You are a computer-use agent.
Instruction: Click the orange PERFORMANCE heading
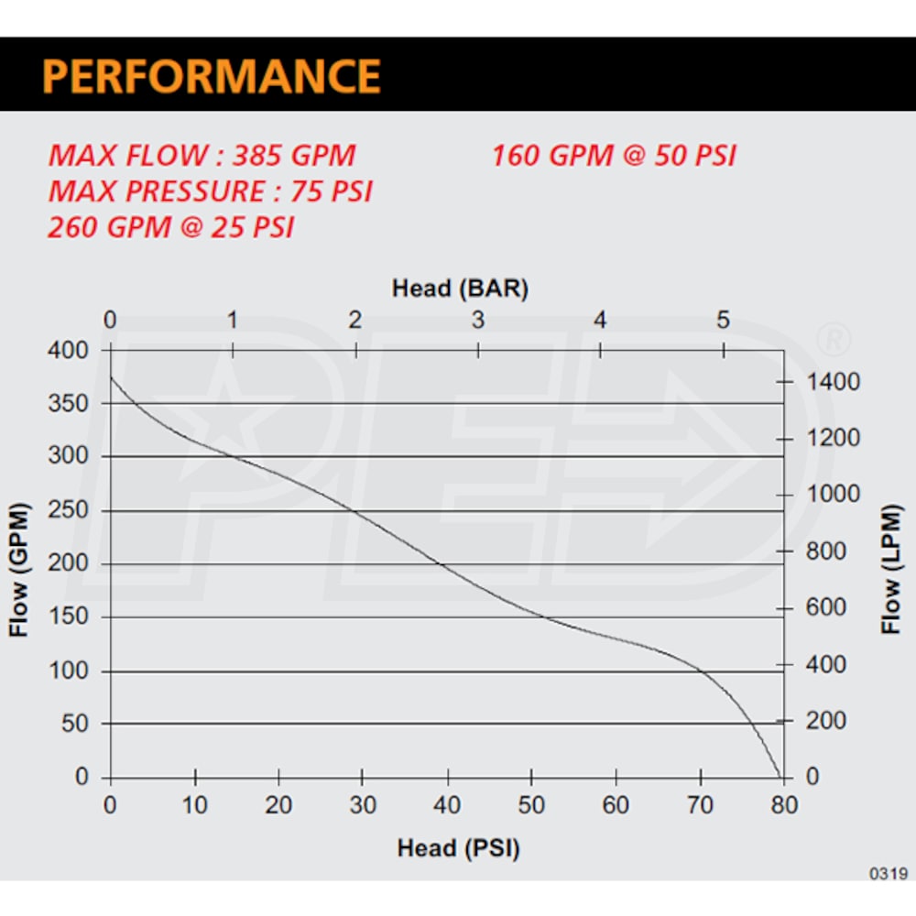[212, 75]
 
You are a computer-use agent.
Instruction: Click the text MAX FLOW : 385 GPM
[202, 155]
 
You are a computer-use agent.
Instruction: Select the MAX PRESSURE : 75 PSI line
[211, 191]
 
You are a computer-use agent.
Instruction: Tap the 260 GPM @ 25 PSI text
[171, 227]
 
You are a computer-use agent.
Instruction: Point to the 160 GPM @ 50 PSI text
[614, 155]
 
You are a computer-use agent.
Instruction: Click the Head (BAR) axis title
[460, 289]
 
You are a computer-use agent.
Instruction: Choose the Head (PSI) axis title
[458, 848]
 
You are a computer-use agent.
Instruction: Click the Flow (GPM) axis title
[20, 570]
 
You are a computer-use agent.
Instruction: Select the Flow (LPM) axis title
[892, 570]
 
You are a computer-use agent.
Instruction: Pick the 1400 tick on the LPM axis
[834, 381]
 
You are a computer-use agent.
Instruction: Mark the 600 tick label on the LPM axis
[828, 607]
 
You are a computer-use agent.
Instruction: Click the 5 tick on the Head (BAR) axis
[724, 321]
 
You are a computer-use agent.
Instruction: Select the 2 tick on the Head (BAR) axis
[355, 321]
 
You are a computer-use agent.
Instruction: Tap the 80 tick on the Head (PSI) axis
[785, 805]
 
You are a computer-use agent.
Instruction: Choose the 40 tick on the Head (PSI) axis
[447, 805]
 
